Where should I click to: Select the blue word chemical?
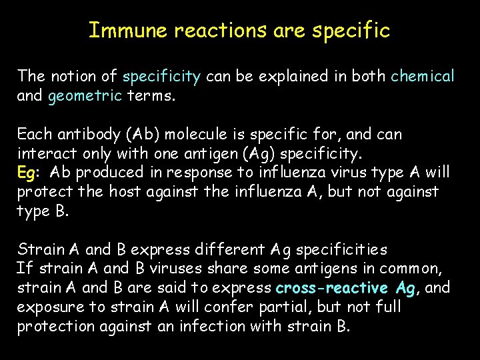(423, 76)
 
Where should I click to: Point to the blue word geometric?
(85, 95)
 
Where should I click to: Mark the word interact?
(45, 153)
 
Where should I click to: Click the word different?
(227, 250)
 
